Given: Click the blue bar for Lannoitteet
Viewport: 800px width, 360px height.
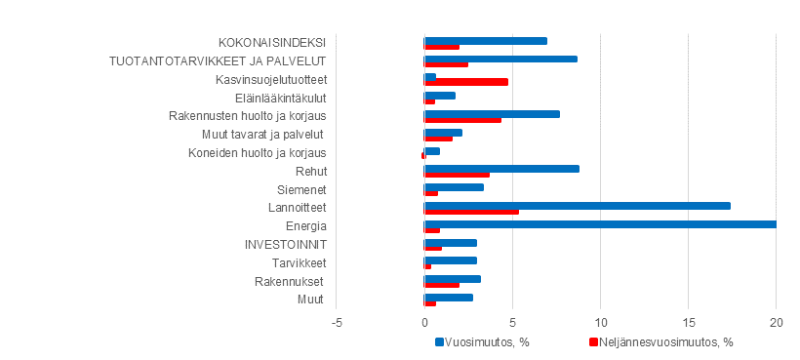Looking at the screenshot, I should tap(578, 205).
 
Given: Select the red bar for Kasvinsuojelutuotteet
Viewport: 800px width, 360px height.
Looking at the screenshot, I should tap(466, 82).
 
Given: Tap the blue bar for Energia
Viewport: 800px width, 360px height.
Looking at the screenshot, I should tap(600, 223).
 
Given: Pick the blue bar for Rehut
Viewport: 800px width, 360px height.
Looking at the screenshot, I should tap(501, 169).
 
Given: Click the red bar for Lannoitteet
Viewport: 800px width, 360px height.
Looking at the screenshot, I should tap(471, 212).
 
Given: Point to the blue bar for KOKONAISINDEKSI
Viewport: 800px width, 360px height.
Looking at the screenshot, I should tap(486, 41).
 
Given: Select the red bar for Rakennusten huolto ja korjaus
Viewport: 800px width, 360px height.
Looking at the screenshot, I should tap(462, 119).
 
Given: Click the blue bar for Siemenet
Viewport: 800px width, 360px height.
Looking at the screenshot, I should tap(454, 186).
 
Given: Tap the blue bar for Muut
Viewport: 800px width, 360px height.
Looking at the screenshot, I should tap(449, 297).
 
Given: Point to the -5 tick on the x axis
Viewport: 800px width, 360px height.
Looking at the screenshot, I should tap(337, 322).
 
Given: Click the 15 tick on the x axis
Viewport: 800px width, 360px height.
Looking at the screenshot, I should tap(688, 322).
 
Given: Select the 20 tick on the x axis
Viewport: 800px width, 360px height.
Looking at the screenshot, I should tap(776, 322).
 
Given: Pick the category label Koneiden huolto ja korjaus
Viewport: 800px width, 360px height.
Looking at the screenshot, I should tap(257, 152).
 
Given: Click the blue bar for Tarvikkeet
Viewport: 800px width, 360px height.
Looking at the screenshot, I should tap(451, 260).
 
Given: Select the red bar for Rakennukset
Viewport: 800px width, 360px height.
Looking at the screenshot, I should tap(442, 285).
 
